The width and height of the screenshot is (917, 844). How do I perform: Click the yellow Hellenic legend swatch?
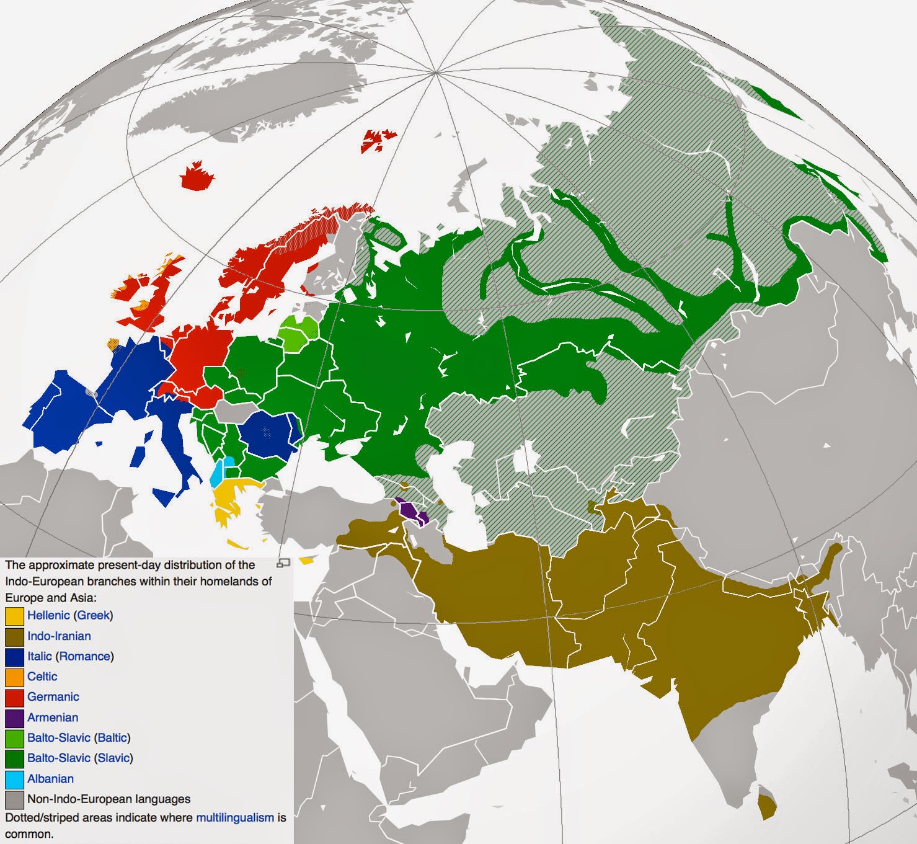coord(14,616)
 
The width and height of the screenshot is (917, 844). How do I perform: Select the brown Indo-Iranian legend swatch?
coord(14,636)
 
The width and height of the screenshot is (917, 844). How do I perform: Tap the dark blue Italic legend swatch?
coord(14,657)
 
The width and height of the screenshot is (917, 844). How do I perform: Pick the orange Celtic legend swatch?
coord(14,677)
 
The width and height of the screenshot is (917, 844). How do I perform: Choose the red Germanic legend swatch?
coord(14,698)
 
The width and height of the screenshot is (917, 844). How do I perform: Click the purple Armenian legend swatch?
coord(14,718)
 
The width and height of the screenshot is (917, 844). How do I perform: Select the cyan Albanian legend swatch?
coord(14,780)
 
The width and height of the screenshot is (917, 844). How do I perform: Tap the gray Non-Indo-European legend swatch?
coord(14,800)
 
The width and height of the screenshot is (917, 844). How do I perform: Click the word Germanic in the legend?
coord(53,697)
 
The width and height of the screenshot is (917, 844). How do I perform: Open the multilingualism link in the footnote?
coord(234,818)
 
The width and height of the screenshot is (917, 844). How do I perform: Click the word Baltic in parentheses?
coord(112,738)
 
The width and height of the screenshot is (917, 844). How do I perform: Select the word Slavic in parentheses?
coord(113,758)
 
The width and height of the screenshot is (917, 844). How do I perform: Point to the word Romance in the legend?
coord(85,656)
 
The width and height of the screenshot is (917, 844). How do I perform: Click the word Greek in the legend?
coord(93,615)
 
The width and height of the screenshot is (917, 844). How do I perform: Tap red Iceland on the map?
coord(198,177)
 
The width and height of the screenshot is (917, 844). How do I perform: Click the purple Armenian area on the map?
coord(410,512)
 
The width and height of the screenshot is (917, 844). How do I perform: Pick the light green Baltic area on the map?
coord(301,331)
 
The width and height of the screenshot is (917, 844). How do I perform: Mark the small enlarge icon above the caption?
coord(283,563)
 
